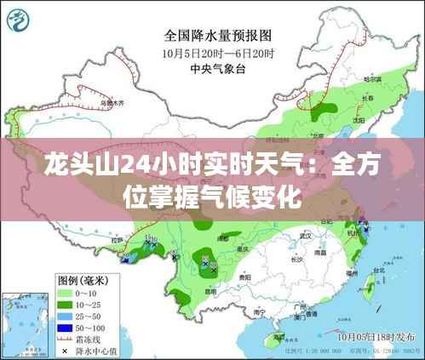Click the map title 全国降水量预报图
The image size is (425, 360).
click(x=217, y=37)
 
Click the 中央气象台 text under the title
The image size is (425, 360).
click(x=218, y=69)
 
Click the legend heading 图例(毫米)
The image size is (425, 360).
click(x=82, y=278)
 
